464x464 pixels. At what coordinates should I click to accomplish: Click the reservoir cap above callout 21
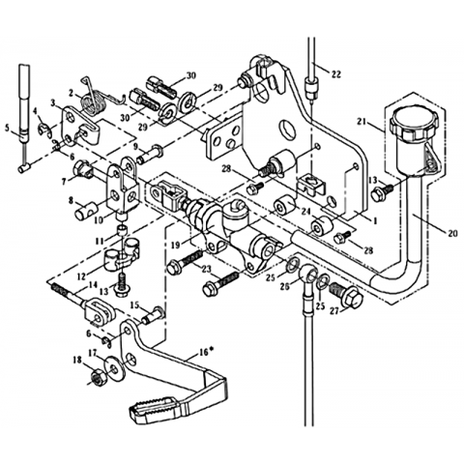(414, 123)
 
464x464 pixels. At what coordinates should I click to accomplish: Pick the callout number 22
(335, 74)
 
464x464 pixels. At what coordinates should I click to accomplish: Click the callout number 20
(452, 233)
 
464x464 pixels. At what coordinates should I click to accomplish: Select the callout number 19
(176, 246)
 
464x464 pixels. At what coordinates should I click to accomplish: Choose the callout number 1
(374, 221)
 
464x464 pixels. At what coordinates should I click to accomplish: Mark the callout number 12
(81, 276)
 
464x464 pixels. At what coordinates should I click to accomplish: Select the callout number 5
(7, 129)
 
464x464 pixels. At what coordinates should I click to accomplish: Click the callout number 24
(306, 212)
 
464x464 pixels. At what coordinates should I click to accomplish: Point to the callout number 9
(135, 147)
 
